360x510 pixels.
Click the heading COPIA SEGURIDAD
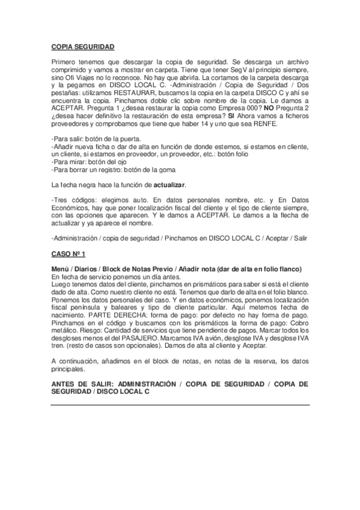click(82, 46)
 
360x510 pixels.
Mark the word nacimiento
click(70, 315)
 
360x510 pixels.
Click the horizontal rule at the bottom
click(180, 404)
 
